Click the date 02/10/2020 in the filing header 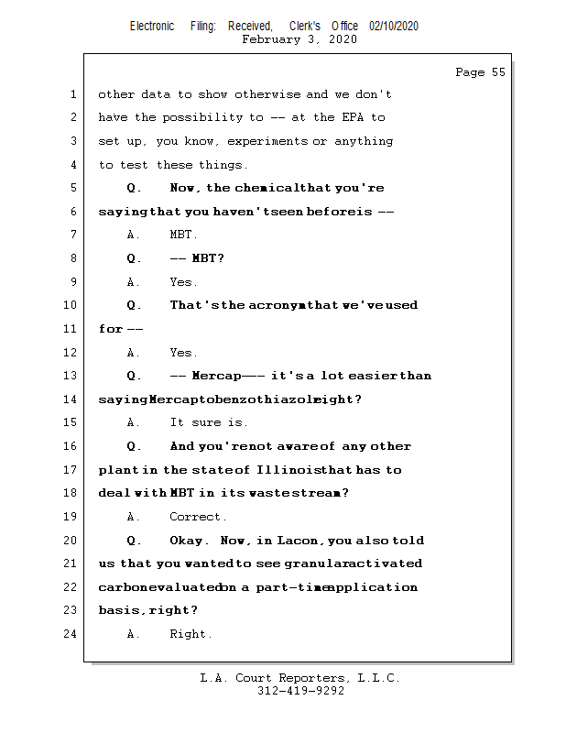pos(394,26)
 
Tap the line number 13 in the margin pos(71,376)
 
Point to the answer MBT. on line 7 pos(183,235)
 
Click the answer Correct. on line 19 pos(198,517)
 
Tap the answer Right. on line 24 pos(190,634)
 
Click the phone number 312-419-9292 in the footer pos(300,692)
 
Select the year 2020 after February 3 pos(341,39)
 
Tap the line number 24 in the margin pos(71,634)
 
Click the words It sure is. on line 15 pos(209,422)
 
